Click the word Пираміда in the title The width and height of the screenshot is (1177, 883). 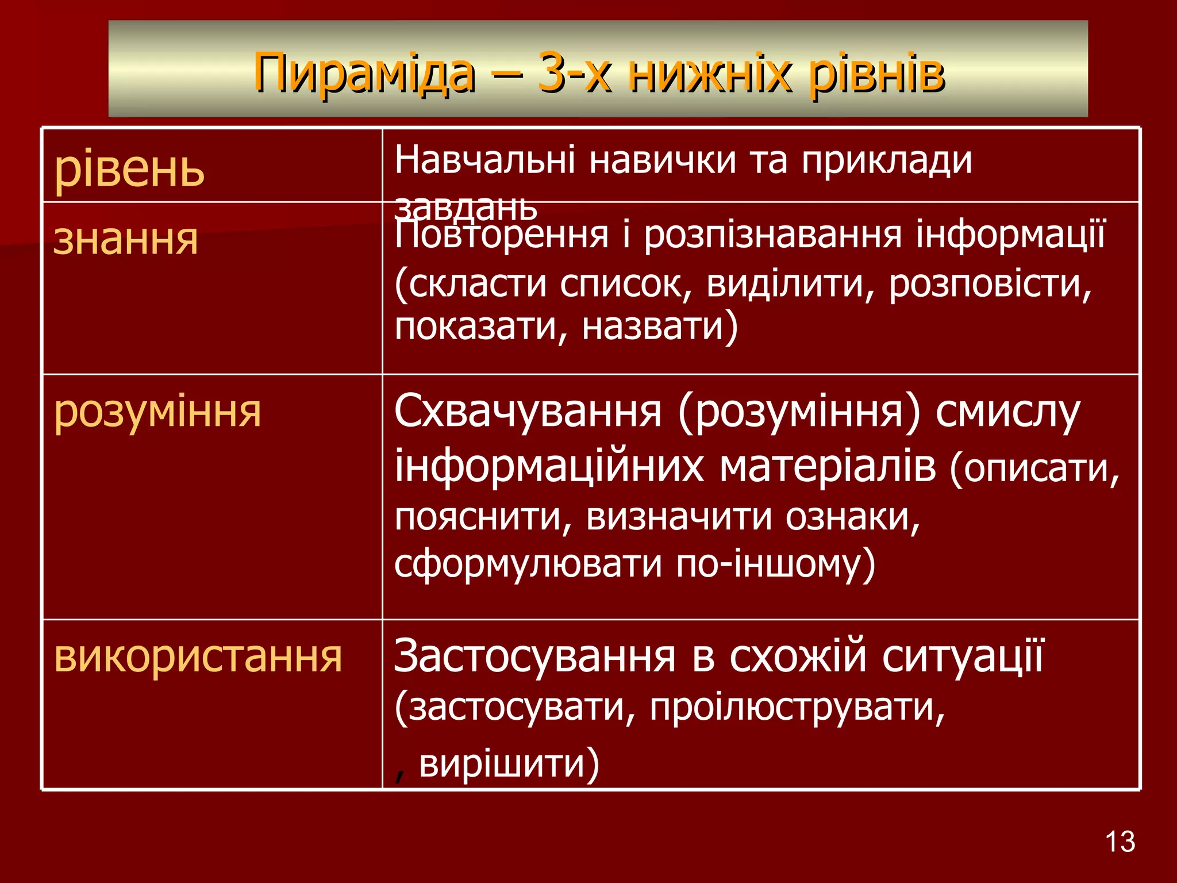pyautogui.click(x=364, y=73)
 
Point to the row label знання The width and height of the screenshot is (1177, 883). pyautogui.click(x=126, y=239)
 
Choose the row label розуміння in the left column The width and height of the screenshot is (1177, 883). pyautogui.click(x=157, y=411)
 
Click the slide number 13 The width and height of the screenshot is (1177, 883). pyautogui.click(x=1120, y=842)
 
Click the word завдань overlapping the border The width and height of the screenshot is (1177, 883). pyautogui.click(x=466, y=208)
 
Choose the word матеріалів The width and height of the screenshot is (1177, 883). pyautogui.click(x=828, y=466)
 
